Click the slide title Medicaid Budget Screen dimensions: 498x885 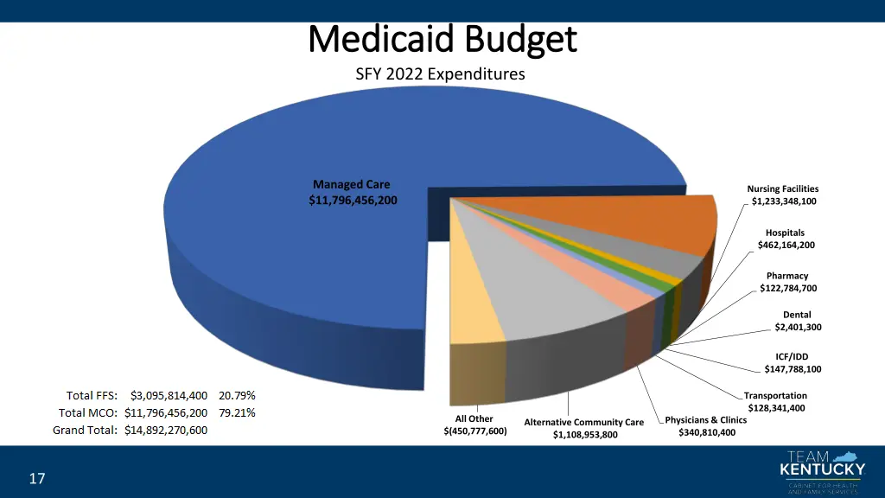click(x=442, y=39)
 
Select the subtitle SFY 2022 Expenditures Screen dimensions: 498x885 click(x=440, y=74)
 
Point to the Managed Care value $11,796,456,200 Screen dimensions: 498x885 click(x=353, y=201)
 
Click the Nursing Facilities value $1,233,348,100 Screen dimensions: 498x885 click(x=783, y=201)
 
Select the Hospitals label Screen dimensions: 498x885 click(x=785, y=233)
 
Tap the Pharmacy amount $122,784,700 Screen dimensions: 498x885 click(x=787, y=288)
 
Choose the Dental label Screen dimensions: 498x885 click(x=797, y=315)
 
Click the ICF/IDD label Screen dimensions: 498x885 click(x=793, y=356)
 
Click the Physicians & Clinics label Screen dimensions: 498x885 click(x=706, y=420)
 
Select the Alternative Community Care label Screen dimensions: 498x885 click(x=584, y=422)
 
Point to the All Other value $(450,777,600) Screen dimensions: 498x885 click(x=474, y=431)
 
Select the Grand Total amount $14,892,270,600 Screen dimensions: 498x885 click(x=166, y=430)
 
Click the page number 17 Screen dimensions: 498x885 click(x=36, y=479)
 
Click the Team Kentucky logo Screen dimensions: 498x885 click(x=821, y=472)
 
